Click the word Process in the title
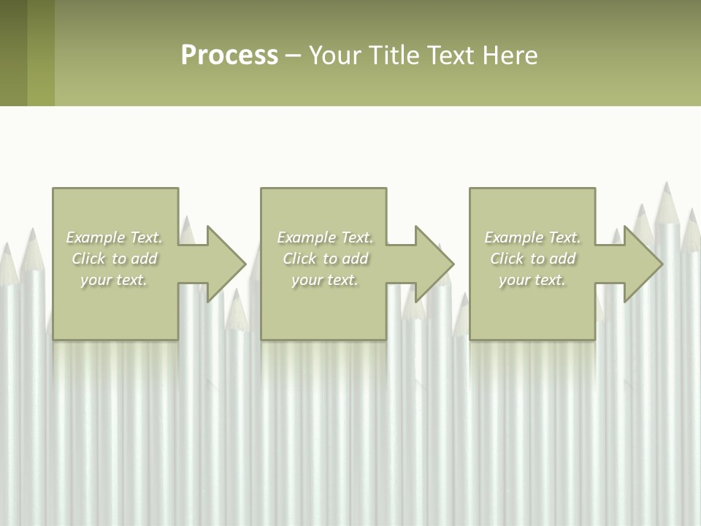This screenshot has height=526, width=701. pyautogui.click(x=229, y=56)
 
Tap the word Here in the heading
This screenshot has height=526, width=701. pyautogui.click(x=510, y=56)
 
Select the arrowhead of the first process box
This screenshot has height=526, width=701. pyautogui.click(x=226, y=264)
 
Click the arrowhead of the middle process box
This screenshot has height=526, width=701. pyautogui.click(x=434, y=264)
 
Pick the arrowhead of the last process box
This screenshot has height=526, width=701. pyautogui.click(x=643, y=264)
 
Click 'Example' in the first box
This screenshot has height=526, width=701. pyautogui.click(x=96, y=237)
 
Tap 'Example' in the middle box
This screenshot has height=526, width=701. pyautogui.click(x=307, y=237)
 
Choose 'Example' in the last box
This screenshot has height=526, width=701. pyautogui.click(x=514, y=237)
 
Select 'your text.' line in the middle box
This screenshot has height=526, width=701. pyautogui.click(x=324, y=280)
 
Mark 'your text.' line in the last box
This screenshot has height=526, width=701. pyautogui.click(x=532, y=280)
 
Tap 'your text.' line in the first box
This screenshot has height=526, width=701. pyautogui.click(x=114, y=280)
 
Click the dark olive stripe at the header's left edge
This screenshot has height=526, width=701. pyautogui.click(x=13, y=53)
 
